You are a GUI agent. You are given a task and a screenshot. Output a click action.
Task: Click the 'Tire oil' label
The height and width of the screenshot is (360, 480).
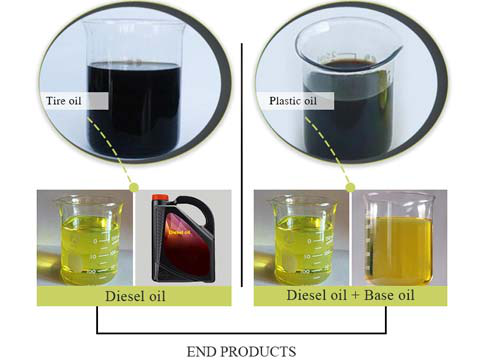click(x=61, y=100)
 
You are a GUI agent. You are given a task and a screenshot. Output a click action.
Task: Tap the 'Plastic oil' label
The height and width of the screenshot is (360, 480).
click(x=290, y=100)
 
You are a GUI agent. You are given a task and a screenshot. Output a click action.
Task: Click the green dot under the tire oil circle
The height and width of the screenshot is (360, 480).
click(x=133, y=187)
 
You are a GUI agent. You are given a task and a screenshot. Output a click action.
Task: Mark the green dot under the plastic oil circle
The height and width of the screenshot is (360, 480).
click(x=351, y=187)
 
